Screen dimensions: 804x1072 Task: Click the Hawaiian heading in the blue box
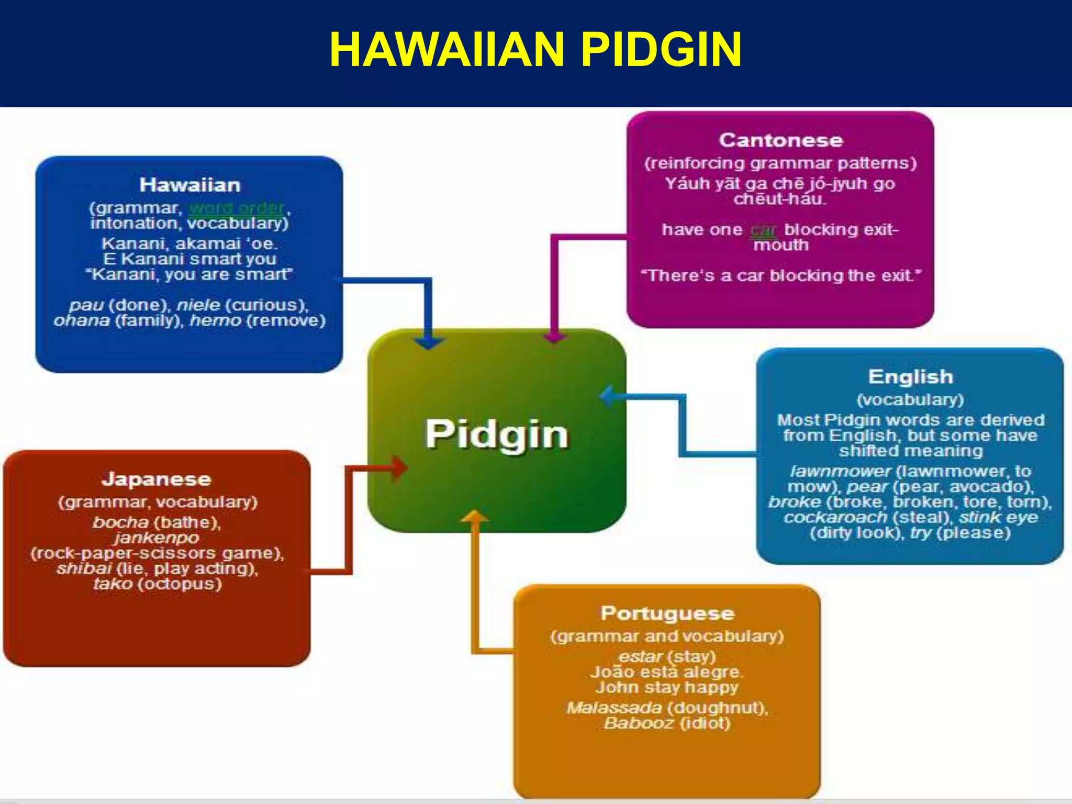(189, 185)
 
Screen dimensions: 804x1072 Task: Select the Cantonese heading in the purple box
(780, 140)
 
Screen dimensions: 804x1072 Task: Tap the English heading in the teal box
(910, 377)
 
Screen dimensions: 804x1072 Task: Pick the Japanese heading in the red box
(157, 479)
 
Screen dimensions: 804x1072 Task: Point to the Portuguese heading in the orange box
(667, 613)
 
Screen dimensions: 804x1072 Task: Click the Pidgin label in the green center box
(497, 434)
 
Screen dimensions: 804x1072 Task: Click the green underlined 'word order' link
(236, 208)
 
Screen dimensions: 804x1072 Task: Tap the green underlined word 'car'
(763, 230)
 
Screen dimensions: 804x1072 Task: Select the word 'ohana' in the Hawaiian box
(82, 320)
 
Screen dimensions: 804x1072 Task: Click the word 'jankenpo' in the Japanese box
(157, 538)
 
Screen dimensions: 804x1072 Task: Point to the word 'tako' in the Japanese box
(113, 584)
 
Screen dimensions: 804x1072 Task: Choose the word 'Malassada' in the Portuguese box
(614, 708)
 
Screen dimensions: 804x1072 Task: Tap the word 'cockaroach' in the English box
(835, 518)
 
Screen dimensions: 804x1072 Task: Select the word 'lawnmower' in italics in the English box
(840, 471)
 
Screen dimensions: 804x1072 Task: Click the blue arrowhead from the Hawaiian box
(429, 343)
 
